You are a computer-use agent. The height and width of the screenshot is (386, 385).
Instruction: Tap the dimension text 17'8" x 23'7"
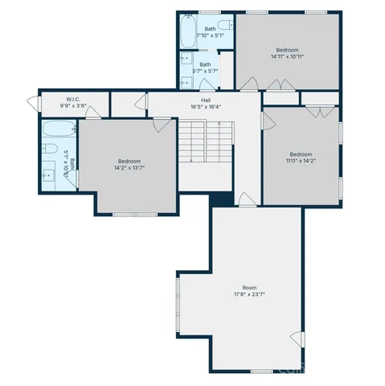pos(250,294)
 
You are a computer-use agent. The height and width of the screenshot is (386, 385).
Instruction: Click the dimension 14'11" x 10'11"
pos(287,56)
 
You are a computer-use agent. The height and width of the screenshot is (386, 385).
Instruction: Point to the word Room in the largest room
pos(250,287)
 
